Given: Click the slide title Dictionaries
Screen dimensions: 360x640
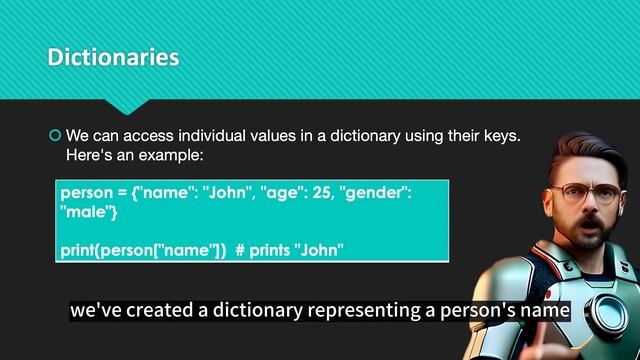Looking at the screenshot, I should pyautogui.click(x=113, y=58).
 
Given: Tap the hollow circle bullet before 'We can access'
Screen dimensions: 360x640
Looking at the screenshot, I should pyautogui.click(x=55, y=135).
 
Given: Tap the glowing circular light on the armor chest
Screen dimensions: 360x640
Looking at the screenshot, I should pyautogui.click(x=600, y=314).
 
